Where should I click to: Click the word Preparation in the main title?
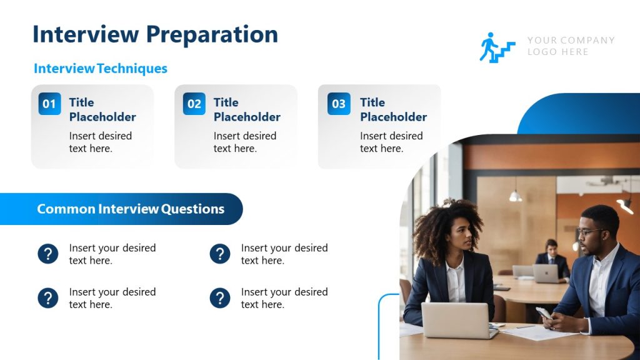(x=212, y=34)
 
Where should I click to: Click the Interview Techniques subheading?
(x=100, y=69)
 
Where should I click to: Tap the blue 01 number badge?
(x=49, y=104)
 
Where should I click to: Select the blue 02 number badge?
(x=194, y=104)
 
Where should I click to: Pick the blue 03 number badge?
(x=339, y=104)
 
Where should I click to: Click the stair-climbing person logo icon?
(x=497, y=47)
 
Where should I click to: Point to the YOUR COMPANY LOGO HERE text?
(x=571, y=46)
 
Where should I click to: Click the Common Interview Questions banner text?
(x=131, y=209)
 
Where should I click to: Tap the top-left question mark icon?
(x=48, y=254)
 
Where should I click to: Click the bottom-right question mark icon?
(x=220, y=298)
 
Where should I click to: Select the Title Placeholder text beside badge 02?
(x=247, y=109)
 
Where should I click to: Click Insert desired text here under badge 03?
(x=391, y=142)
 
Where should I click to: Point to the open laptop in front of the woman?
(x=456, y=319)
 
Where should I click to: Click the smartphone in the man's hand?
(x=543, y=313)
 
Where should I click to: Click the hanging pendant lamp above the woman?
(x=516, y=196)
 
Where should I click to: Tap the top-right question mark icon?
(x=220, y=254)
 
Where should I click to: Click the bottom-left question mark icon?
(x=48, y=298)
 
